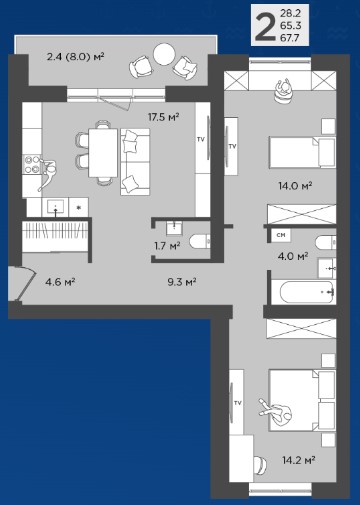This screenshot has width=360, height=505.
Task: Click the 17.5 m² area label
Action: click(x=164, y=117)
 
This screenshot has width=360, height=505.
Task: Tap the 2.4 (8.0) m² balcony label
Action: click(x=76, y=56)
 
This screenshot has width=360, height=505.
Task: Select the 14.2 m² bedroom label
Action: click(x=299, y=460)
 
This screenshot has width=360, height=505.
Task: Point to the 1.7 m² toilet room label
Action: click(x=167, y=246)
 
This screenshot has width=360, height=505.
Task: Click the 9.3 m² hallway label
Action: click(x=182, y=282)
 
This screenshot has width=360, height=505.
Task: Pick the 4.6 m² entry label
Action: click(x=60, y=282)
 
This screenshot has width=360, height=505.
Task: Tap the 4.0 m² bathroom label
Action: click(x=293, y=256)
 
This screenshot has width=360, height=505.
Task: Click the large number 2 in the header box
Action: click(x=265, y=26)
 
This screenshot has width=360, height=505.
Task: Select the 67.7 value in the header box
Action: click(x=290, y=38)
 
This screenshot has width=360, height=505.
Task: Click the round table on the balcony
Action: click(x=164, y=54)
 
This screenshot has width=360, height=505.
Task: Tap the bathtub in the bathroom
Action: click(x=306, y=292)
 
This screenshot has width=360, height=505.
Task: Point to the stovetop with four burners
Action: click(x=32, y=165)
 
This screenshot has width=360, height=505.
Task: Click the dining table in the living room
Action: click(x=103, y=153)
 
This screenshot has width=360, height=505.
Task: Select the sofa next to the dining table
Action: click(x=135, y=162)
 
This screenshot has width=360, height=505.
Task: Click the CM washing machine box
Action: click(x=281, y=235)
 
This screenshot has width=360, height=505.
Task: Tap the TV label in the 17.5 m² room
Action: click(x=200, y=139)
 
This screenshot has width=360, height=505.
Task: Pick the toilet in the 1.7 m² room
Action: click(x=200, y=242)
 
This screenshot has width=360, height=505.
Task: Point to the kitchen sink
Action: click(x=55, y=207)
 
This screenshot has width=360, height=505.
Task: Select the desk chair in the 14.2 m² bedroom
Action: click(x=260, y=465)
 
